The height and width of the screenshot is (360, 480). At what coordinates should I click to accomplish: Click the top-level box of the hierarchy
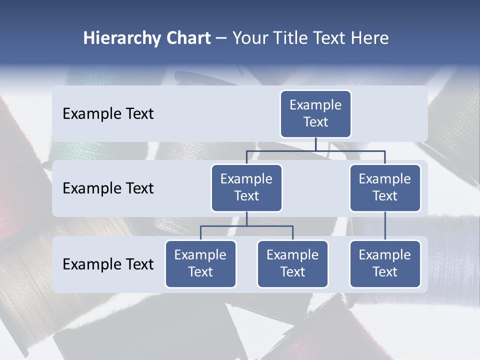(x=315, y=114)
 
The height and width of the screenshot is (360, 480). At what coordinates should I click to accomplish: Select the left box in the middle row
(x=246, y=188)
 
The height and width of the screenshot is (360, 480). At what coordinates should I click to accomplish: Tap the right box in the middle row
(x=385, y=188)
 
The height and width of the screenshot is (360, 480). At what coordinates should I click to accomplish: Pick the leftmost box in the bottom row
(x=200, y=264)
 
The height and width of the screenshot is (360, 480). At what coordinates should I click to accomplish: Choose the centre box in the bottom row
(x=292, y=264)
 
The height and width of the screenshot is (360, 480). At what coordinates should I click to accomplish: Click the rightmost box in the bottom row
(x=385, y=264)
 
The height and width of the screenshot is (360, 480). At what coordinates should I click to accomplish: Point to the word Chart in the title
(x=186, y=38)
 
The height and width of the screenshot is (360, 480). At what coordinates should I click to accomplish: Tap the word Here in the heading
(x=370, y=38)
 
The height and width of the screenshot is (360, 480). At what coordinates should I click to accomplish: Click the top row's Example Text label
(x=108, y=114)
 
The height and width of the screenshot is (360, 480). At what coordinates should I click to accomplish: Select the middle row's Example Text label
(x=108, y=188)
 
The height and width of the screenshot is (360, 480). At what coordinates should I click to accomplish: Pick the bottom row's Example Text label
(x=108, y=264)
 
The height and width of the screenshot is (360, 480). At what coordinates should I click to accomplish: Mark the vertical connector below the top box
(x=315, y=144)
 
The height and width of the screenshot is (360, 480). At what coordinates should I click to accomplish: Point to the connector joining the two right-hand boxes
(x=385, y=226)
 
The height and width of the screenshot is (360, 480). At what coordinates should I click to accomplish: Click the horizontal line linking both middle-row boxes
(x=315, y=150)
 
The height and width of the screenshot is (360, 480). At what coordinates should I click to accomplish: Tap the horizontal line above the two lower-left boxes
(x=246, y=226)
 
